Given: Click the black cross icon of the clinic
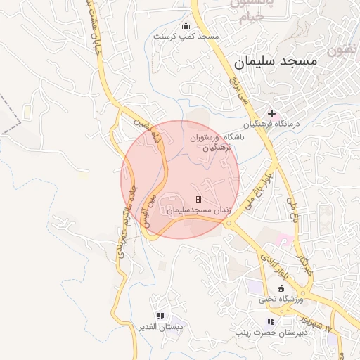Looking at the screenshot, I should coord(272,112).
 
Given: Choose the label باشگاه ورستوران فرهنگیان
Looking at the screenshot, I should coord(214,143).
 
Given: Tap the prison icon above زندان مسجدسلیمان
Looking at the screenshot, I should coord(198,200).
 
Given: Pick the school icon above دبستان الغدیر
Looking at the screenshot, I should coord(160,316).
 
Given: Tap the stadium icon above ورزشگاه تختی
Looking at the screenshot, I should coord(281,288).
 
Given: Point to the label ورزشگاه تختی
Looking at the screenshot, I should coord(280,299).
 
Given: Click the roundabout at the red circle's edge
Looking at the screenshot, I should coord(229,223).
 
